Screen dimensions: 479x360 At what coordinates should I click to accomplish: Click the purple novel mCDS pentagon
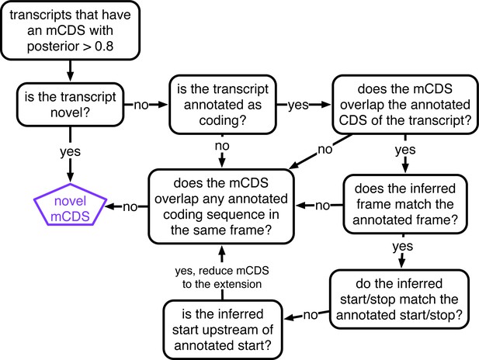pos(71,205)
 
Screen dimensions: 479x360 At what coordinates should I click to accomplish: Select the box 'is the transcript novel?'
pos(71,105)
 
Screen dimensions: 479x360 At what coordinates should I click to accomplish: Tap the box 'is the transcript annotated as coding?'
pos(223,105)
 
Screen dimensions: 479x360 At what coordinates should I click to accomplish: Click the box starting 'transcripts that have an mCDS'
pos(71,30)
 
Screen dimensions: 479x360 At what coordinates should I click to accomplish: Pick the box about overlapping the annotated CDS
pos(405,105)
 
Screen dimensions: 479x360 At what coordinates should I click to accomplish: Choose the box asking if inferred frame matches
pos(405,204)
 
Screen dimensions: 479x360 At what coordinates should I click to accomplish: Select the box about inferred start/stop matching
pos(399,299)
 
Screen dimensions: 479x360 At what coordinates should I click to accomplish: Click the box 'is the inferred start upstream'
pos(222,330)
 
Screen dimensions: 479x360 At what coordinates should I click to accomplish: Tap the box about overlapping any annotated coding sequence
pos(221,206)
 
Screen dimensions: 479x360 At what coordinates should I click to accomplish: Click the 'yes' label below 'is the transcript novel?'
pos(71,151)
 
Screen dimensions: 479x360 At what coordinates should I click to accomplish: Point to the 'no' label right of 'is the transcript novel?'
pos(141,105)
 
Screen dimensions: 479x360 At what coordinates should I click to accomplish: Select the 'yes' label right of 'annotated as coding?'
pos(298,106)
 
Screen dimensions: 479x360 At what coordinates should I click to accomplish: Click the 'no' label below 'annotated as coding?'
pos(222,146)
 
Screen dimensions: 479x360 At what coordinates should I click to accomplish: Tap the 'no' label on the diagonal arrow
pos(325,150)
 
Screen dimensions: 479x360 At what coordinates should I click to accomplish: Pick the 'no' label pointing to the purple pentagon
pos(130,207)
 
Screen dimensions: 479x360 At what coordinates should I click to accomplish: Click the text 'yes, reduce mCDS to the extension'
pos(222,277)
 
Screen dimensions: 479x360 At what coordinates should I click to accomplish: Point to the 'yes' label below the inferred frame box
pos(403,247)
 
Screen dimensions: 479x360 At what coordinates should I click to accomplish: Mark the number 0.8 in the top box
pos(104,46)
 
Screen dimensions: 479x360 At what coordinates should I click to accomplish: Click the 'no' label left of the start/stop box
pos(311,315)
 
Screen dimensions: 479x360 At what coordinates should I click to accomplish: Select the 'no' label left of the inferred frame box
pos(323,206)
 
